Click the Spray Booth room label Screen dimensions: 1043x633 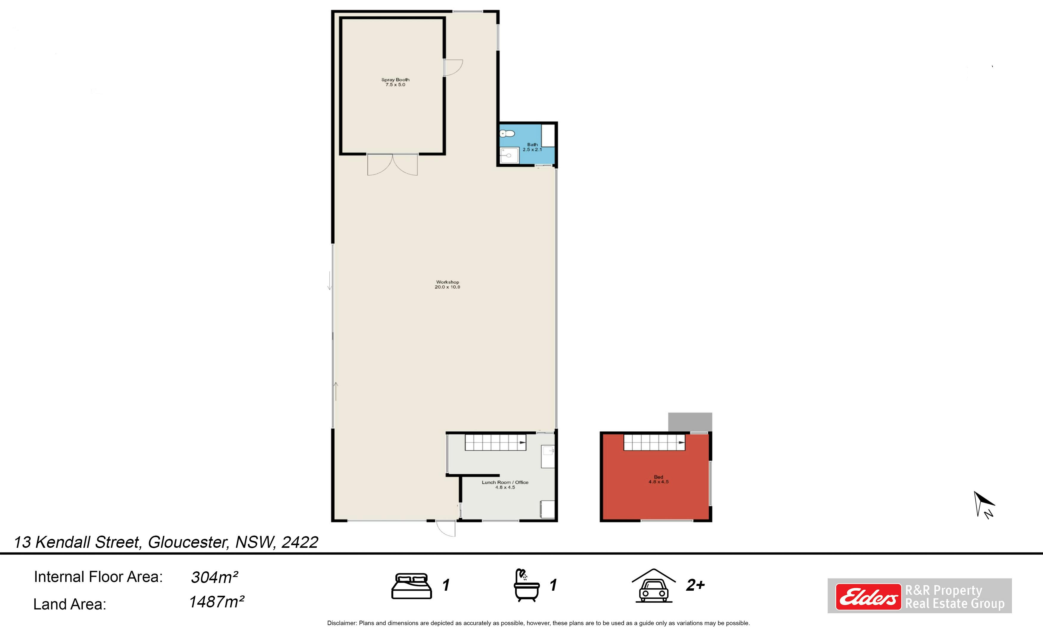395,82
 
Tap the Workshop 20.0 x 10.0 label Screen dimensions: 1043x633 447,284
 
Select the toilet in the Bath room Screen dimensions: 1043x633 507,134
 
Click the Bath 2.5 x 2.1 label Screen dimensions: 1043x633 532,147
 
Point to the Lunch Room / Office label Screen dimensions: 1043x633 505,484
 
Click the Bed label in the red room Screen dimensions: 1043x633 659,479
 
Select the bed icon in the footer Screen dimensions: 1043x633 412,586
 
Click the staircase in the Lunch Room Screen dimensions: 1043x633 496,443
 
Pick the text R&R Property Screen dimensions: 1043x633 943,590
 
